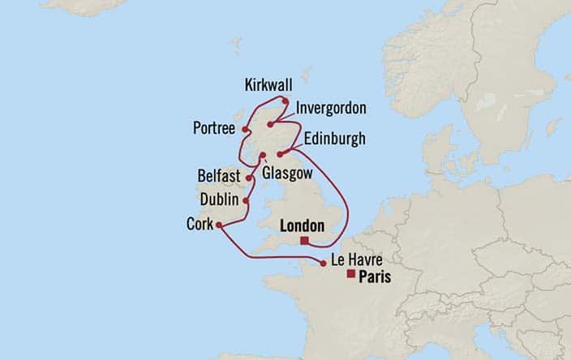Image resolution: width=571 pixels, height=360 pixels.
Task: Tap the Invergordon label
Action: tap(332, 109)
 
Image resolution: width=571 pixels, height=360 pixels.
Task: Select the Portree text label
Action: tap(214, 128)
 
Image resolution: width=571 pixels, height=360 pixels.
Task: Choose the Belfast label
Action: tap(219, 176)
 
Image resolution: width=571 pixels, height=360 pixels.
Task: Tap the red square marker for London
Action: tap(305, 241)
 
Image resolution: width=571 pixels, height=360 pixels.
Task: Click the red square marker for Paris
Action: tap(350, 275)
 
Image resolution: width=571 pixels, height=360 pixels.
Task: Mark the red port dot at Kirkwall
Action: tap(285, 101)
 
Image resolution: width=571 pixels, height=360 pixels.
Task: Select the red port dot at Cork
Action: tap(220, 226)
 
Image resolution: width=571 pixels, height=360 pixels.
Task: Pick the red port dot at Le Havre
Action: tap(324, 264)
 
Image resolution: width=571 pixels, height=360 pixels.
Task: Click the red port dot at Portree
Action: tap(244, 128)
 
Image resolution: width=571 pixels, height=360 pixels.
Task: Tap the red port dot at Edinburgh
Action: tap(280, 154)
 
